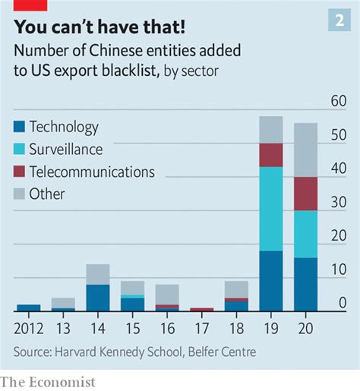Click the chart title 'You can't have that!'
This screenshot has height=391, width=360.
[98, 27]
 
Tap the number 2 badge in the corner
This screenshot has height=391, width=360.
[339, 20]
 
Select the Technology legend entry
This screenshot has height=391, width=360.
[64, 128]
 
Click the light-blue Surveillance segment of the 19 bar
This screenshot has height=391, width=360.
[270, 209]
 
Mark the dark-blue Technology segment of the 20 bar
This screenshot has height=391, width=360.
[305, 285]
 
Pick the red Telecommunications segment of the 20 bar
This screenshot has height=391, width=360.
[305, 194]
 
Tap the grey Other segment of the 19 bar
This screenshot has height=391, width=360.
[270, 130]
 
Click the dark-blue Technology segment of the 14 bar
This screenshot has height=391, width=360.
[97, 298]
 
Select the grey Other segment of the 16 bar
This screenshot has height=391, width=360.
[166, 295]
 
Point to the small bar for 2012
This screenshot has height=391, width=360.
[28, 308]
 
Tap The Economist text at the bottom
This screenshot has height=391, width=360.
[48, 381]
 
